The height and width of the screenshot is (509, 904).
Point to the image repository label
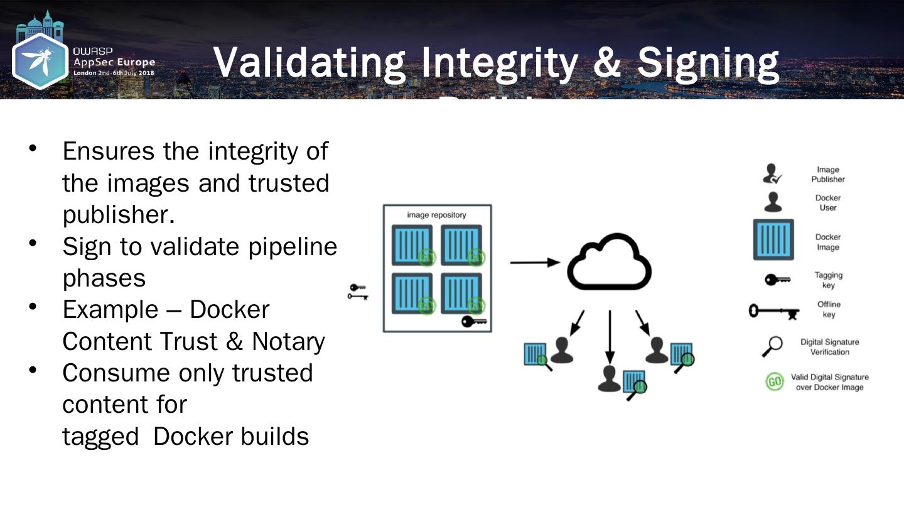[436, 215]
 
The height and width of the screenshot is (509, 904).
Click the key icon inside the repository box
[474, 322]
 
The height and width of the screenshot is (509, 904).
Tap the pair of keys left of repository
[358, 292]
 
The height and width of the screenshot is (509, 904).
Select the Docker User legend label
[827, 202]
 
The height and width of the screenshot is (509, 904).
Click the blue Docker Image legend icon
[773, 239]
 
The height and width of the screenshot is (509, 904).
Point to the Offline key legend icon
[773, 310]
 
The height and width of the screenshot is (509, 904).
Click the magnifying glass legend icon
[773, 346]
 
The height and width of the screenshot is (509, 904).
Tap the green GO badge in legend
[775, 382]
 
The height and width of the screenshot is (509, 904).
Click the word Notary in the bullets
[288, 341]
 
